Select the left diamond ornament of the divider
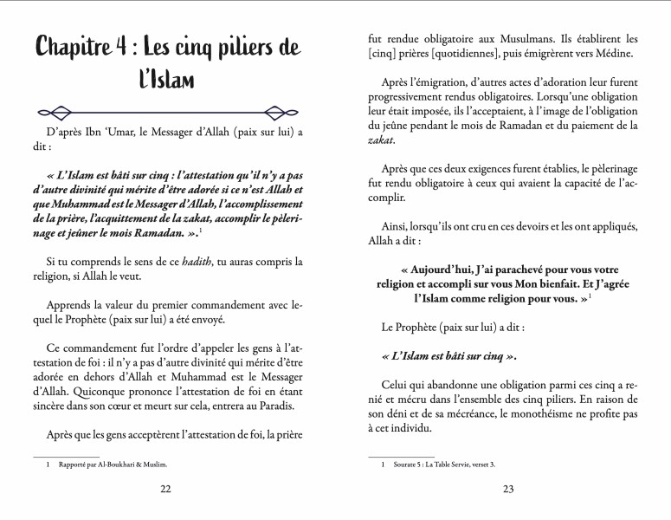tap(60, 112)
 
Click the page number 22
tap(166, 489)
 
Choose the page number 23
tap(508, 489)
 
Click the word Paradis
tap(275, 406)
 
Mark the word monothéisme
tap(552, 413)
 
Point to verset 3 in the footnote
tap(481, 465)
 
